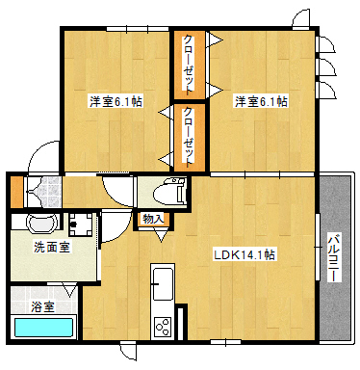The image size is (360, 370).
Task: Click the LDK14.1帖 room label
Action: (244, 255)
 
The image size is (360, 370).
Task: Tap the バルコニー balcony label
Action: (334, 258)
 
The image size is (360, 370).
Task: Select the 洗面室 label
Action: (52, 247)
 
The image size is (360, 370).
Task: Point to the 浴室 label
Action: (42, 306)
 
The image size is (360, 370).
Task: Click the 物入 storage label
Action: (153, 219)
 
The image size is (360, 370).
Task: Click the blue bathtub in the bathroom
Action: (42, 328)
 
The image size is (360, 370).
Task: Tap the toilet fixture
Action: (169, 193)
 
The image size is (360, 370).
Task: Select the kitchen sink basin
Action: (163, 284)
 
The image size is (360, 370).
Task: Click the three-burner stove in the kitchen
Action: (163, 327)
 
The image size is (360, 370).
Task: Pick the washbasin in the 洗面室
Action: (41, 223)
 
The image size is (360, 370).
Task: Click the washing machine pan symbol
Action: (81, 225)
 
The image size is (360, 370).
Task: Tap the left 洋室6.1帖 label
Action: (116, 102)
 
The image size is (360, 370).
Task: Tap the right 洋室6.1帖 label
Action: (261, 102)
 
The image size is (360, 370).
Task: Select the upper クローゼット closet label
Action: (189, 66)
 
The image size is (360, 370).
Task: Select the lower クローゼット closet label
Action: (189, 138)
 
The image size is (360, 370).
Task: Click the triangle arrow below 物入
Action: (162, 237)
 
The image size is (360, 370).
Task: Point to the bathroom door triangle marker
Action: (70, 291)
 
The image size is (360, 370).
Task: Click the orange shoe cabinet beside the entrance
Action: (16, 192)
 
